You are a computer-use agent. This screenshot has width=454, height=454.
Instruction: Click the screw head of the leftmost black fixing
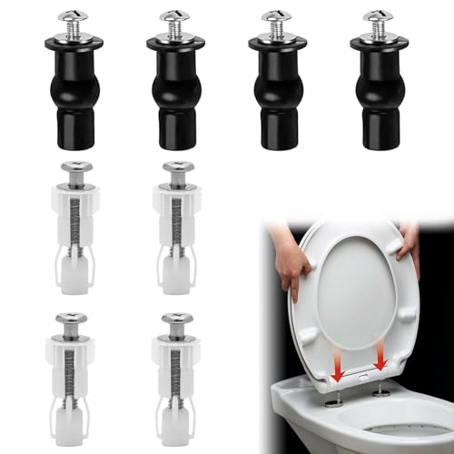[x=69, y=19]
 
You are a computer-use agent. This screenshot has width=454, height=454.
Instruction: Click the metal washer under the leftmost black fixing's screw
[x=69, y=37]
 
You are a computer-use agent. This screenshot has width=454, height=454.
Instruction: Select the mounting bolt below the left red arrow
[x=334, y=400]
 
